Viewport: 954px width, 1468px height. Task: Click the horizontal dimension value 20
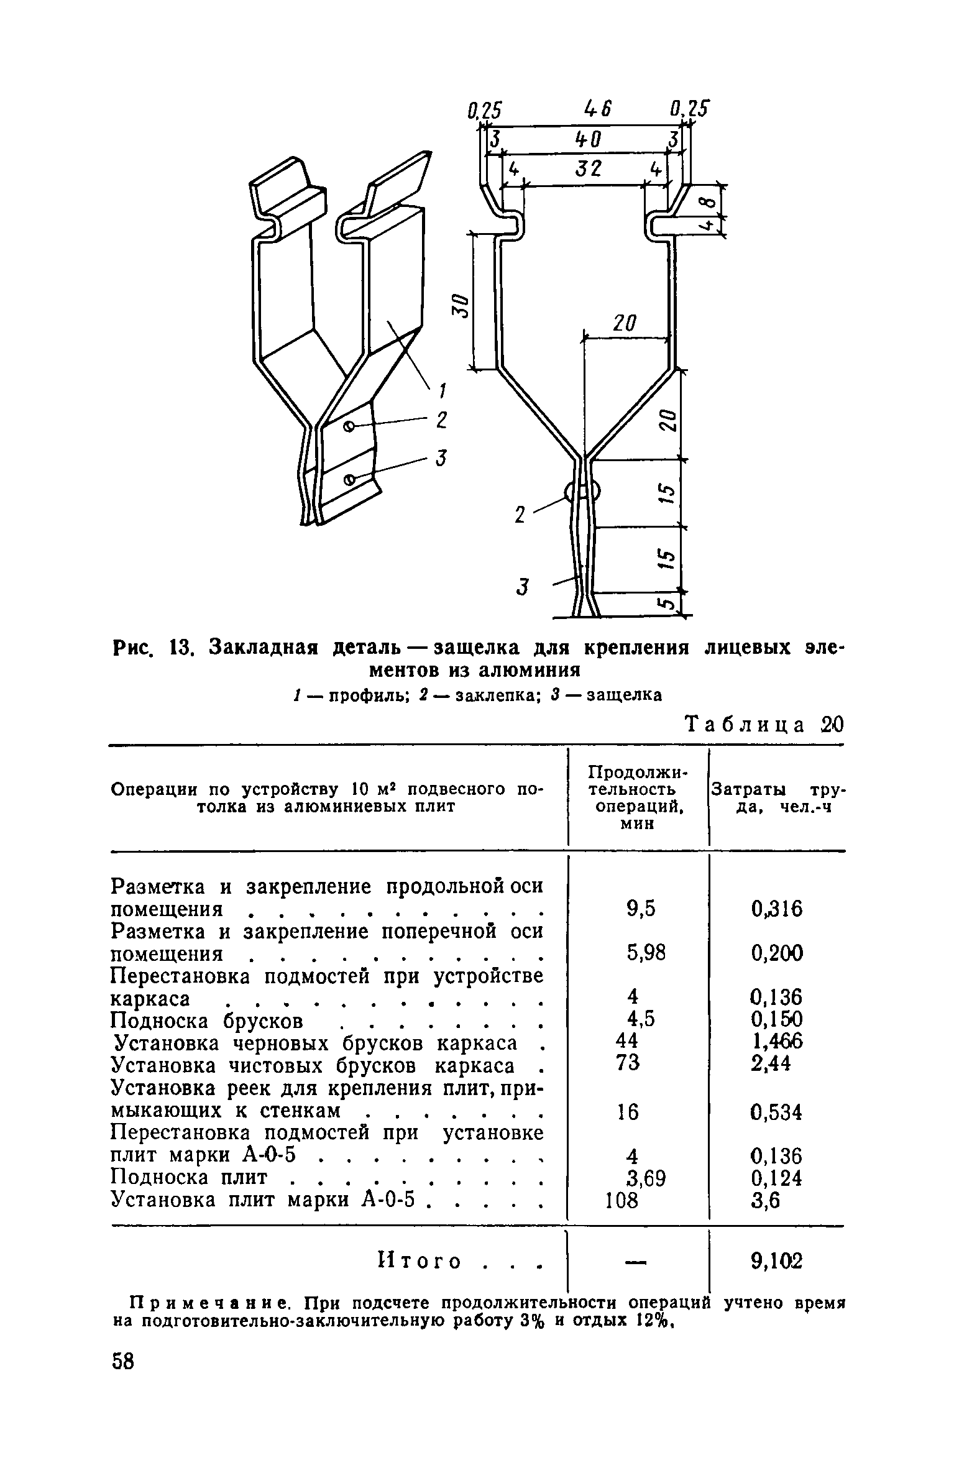coord(625,324)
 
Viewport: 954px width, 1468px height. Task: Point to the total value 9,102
coord(776,1261)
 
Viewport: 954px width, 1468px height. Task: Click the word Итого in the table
coord(419,1262)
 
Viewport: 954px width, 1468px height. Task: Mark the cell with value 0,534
coord(776,1112)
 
